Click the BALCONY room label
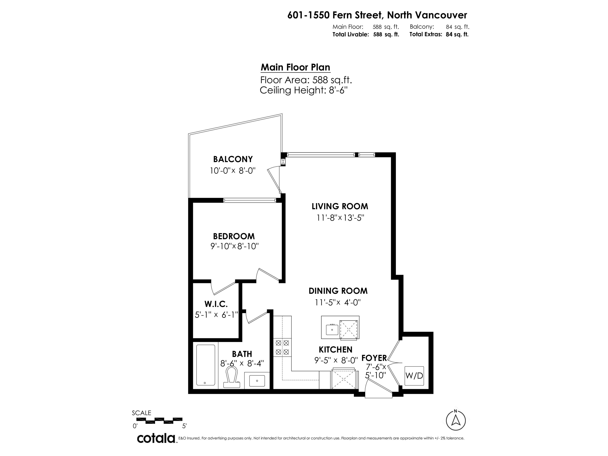233,159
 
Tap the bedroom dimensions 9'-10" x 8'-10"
235,246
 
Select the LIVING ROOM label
340,206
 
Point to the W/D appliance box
414,375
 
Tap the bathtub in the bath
206,365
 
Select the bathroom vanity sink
257,381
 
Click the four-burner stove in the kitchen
282,347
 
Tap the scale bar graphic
159,420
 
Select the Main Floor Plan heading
295,67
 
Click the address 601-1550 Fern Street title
377,15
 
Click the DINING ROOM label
338,291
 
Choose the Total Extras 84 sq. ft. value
457,34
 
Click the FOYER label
374,358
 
